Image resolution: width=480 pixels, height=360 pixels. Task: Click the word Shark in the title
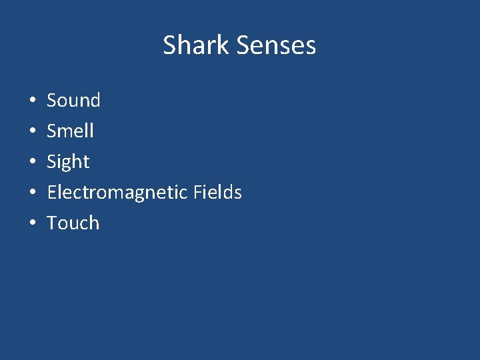pyautogui.click(x=197, y=45)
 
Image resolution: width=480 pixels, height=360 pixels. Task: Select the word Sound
pyautogui.click(x=73, y=101)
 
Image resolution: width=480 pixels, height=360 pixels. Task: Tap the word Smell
pyautogui.click(x=70, y=131)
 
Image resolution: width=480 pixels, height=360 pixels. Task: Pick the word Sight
pyautogui.click(x=68, y=162)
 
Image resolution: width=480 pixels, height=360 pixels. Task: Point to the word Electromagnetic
pyautogui.click(x=117, y=193)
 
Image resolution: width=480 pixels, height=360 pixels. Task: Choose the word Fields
pyautogui.click(x=217, y=193)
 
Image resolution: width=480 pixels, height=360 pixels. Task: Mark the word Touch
pyautogui.click(x=73, y=223)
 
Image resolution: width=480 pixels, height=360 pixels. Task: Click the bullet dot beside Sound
pyautogui.click(x=32, y=101)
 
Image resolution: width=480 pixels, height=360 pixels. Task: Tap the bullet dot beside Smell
pyautogui.click(x=32, y=132)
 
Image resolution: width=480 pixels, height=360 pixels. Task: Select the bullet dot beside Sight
pyautogui.click(x=32, y=163)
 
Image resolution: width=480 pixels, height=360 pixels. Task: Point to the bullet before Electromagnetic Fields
pyautogui.click(x=32, y=193)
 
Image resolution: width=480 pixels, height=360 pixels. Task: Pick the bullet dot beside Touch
pyautogui.click(x=32, y=224)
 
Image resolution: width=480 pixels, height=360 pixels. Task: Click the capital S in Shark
pyautogui.click(x=170, y=45)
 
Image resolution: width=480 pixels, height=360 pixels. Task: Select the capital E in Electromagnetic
pyautogui.click(x=51, y=193)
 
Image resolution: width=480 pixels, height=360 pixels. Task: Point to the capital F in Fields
pyautogui.click(x=198, y=193)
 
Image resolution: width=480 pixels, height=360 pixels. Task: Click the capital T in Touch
pyautogui.click(x=52, y=223)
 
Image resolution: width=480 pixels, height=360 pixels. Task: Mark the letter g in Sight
pyautogui.click(x=69, y=163)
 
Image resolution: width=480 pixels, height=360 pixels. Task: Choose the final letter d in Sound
pyautogui.click(x=95, y=101)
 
